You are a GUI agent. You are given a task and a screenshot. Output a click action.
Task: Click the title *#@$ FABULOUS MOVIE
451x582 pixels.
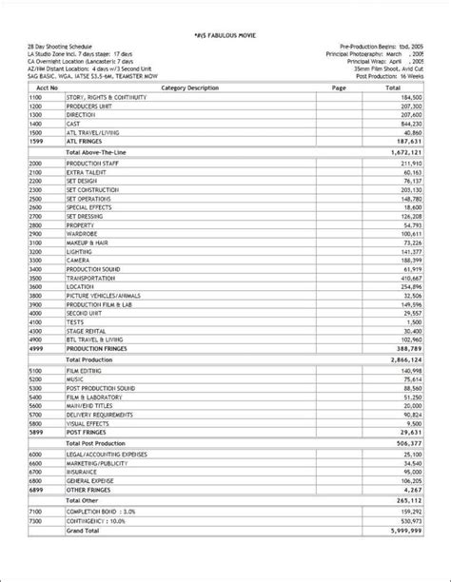click(225, 31)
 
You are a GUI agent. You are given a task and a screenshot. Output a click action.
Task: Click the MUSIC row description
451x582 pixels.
click(76, 379)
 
